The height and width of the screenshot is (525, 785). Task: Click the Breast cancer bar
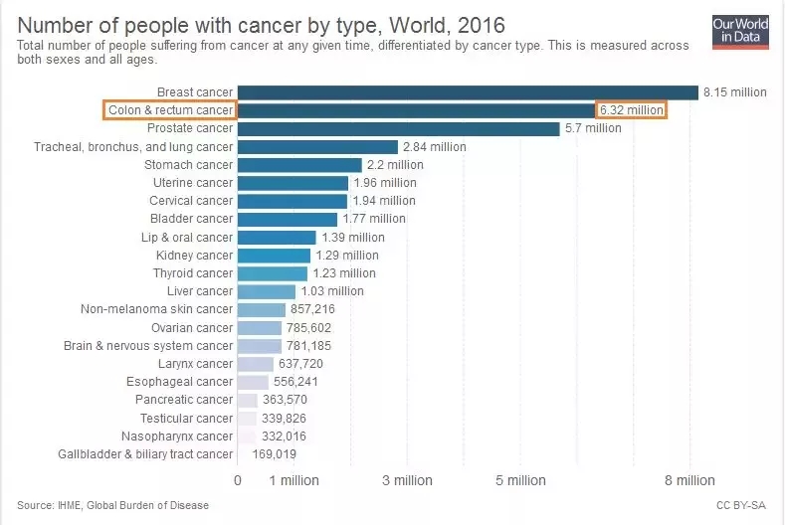click(x=468, y=92)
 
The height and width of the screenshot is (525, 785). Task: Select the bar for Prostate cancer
click(x=398, y=129)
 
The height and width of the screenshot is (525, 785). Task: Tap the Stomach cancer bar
click(x=299, y=165)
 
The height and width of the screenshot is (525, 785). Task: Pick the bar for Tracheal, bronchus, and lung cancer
click(x=317, y=147)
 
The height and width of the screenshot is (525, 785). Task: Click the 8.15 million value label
click(x=734, y=92)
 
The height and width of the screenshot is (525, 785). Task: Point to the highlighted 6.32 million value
click(x=631, y=110)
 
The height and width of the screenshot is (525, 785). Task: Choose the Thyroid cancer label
click(x=192, y=273)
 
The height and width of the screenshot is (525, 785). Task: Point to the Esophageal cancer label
click(x=179, y=382)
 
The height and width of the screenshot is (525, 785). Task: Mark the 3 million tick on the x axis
click(x=408, y=481)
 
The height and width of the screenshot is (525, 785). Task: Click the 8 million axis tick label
click(x=689, y=481)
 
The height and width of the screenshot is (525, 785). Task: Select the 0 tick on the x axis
click(x=238, y=481)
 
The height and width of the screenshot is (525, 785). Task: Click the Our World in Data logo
click(x=740, y=31)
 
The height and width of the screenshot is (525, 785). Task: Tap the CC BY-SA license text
click(x=741, y=506)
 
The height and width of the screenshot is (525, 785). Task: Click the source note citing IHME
click(x=113, y=506)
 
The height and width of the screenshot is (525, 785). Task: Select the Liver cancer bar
click(x=267, y=291)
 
